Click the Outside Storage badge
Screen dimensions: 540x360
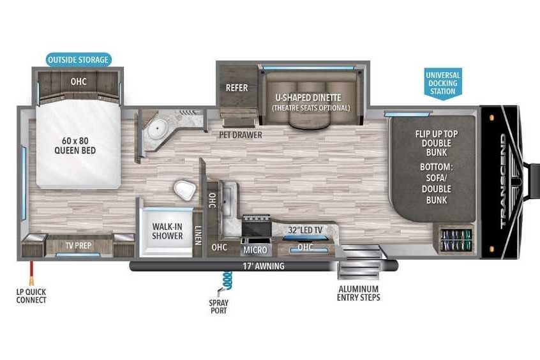(x=79, y=59)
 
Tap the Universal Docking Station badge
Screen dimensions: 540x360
(x=443, y=84)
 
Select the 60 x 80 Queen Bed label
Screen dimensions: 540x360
(x=75, y=146)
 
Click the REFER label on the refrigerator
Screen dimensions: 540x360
(x=237, y=88)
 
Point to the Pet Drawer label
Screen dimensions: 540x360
(x=241, y=135)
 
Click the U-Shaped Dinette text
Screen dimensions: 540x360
(x=308, y=98)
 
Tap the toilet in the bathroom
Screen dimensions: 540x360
(x=185, y=190)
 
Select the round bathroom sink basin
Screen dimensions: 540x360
(x=158, y=128)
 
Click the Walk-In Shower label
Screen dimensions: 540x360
(x=167, y=231)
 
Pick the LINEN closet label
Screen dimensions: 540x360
(x=198, y=236)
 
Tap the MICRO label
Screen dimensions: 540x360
(x=255, y=250)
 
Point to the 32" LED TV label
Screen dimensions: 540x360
(x=305, y=230)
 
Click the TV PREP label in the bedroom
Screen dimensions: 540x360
(x=79, y=245)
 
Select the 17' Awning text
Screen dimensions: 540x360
(x=264, y=266)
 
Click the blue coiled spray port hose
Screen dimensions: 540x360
(x=227, y=280)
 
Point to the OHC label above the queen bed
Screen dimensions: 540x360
(x=79, y=81)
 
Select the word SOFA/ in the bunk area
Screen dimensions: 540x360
(x=436, y=177)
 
